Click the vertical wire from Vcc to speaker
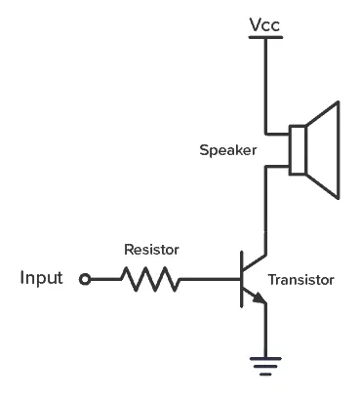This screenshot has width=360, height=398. (264, 83)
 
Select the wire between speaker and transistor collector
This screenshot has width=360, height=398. (265, 210)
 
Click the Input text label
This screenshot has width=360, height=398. (41, 279)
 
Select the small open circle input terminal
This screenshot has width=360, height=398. (85, 280)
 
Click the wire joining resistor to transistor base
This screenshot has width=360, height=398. (210, 280)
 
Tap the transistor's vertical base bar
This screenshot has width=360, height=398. (241, 280)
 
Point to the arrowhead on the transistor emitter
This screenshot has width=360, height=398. (259, 298)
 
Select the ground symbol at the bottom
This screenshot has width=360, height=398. (265, 365)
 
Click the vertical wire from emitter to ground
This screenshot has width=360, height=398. (265, 332)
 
